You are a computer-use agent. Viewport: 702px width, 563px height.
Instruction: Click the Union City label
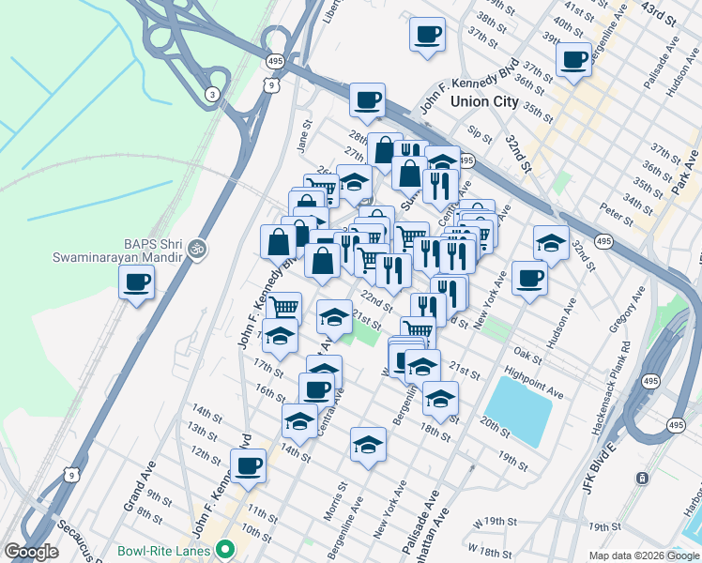(483, 101)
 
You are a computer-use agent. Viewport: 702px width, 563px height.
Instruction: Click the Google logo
(31, 552)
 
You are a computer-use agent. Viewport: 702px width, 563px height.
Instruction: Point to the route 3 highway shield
(213, 94)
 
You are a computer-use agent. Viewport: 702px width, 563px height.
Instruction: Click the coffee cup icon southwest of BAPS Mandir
(137, 281)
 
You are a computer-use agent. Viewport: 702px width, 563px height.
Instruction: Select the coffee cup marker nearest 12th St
(248, 465)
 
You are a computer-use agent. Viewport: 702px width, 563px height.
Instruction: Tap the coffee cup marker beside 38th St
(427, 35)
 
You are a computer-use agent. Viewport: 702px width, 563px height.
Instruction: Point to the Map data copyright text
(643, 555)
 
